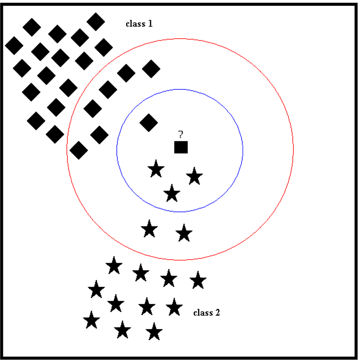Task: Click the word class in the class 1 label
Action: click(135, 24)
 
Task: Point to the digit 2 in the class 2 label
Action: click(218, 313)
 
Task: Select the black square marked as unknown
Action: click(181, 147)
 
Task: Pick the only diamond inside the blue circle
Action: click(149, 122)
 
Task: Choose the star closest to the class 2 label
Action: click(174, 308)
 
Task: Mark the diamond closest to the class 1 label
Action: click(96, 21)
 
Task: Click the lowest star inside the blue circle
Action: click(172, 193)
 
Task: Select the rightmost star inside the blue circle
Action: click(195, 177)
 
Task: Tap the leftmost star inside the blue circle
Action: click(156, 169)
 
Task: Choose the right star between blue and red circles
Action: click(184, 233)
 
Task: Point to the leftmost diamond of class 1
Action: click(14, 45)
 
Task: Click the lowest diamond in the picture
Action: click(78, 150)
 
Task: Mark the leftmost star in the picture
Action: click(91, 321)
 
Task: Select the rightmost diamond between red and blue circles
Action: click(151, 69)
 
